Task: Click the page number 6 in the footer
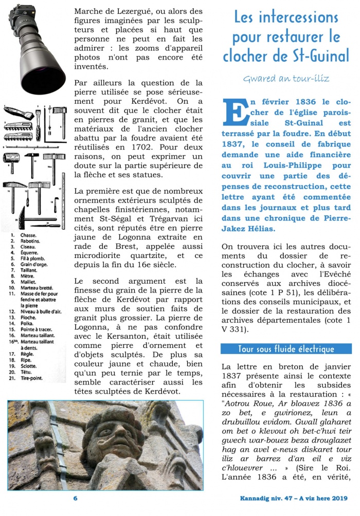click(75, 499)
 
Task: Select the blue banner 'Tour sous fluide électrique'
click(286, 349)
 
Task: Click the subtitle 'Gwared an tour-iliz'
click(286, 79)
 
